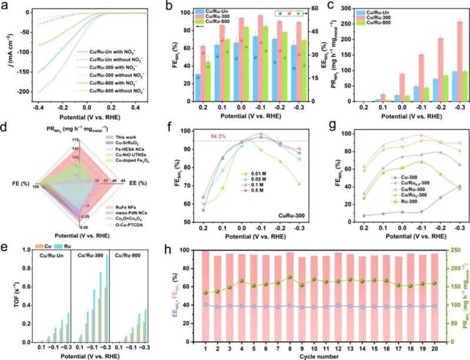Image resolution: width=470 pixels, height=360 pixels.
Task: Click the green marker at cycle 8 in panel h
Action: (x=289, y=277)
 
